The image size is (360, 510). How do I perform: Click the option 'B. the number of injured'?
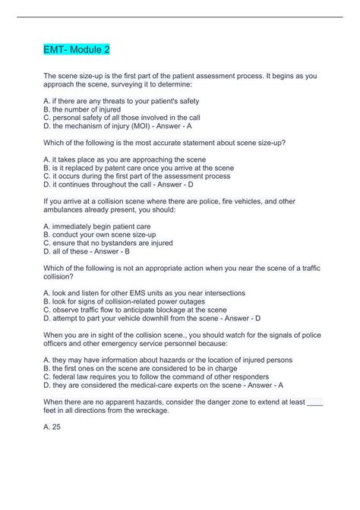coord(82,109)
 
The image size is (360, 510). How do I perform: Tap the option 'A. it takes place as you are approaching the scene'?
coord(125,159)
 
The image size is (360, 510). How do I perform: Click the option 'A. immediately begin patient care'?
coord(96,225)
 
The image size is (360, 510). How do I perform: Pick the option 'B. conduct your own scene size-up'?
coord(100,235)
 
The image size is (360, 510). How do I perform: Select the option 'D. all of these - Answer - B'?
coord(87,253)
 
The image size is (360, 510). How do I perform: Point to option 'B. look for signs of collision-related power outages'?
coord(134,301)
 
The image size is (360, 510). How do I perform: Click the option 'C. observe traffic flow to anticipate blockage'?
coord(135,310)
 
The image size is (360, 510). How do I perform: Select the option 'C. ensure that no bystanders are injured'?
coord(108,244)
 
